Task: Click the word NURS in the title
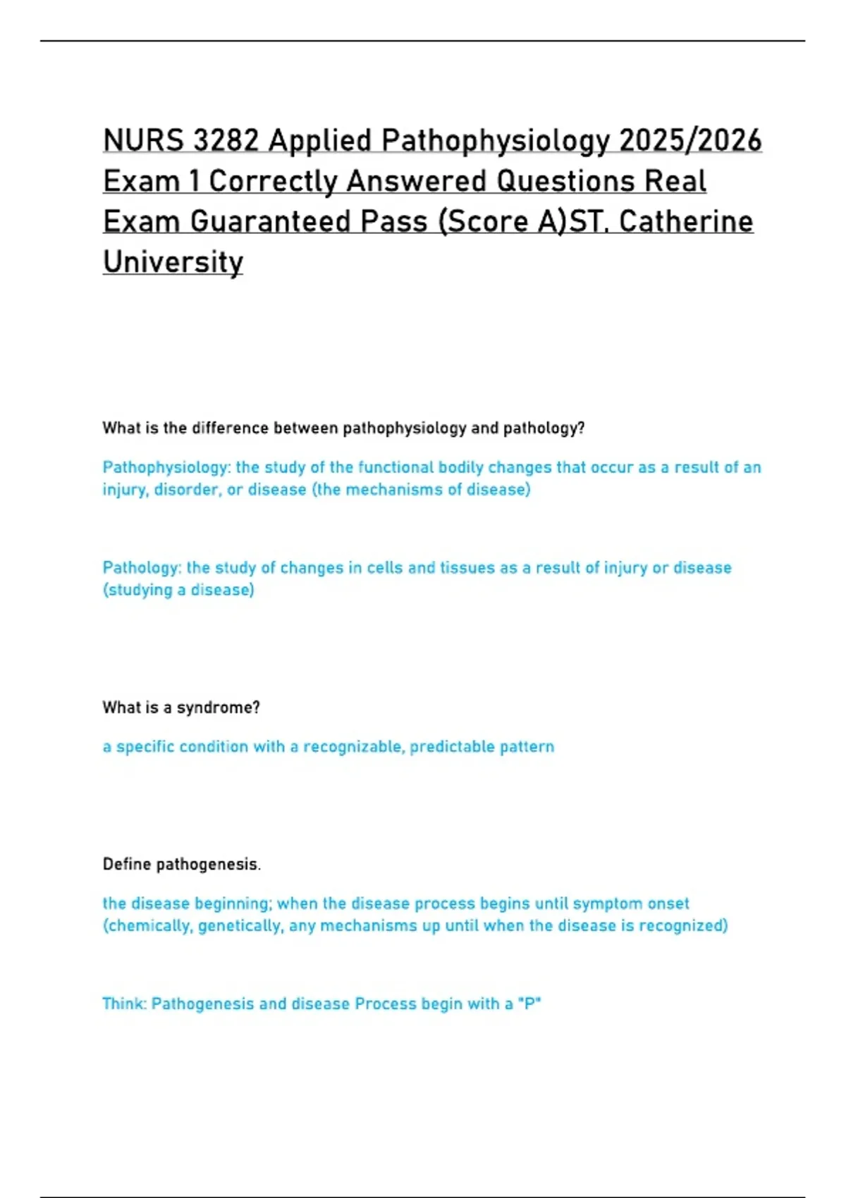coord(143,140)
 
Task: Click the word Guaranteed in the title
coord(271,222)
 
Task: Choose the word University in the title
coord(173,262)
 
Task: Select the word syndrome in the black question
coord(218,708)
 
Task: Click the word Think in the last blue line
coord(124,1004)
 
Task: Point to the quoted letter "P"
coord(529,1004)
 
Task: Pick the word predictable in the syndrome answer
coord(452,747)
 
